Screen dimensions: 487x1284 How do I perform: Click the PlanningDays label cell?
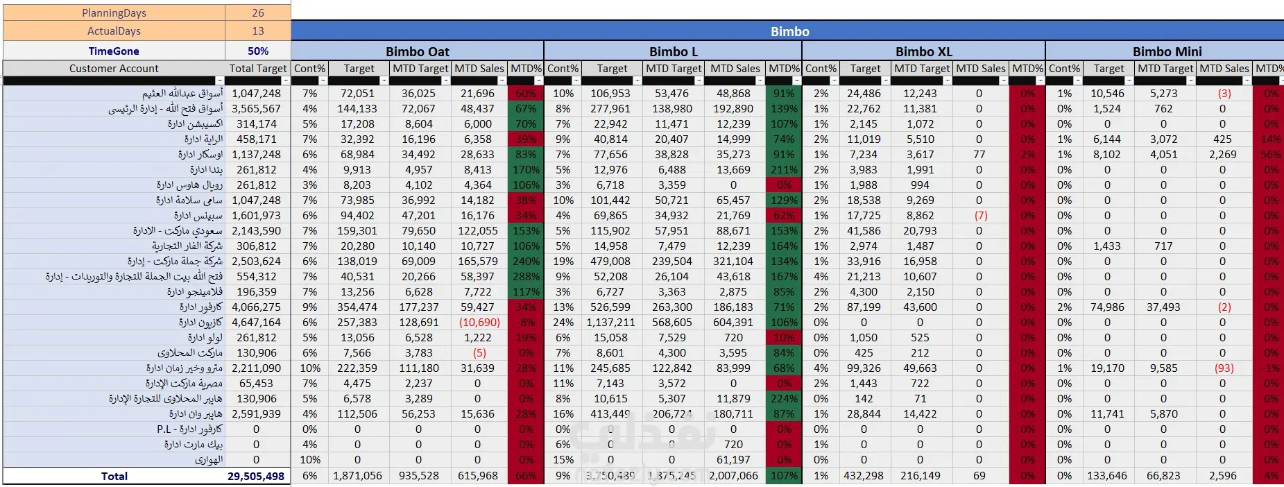pyautogui.click(x=114, y=13)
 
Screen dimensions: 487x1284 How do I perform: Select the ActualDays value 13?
pyautogui.click(x=258, y=31)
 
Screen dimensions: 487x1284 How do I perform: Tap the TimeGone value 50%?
pyautogui.click(x=258, y=51)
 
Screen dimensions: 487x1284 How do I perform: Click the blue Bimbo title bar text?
pyautogui.click(x=789, y=32)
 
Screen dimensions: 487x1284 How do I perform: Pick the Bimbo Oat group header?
pyautogui.click(x=417, y=52)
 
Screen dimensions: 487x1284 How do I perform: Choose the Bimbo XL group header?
pyautogui.click(x=923, y=52)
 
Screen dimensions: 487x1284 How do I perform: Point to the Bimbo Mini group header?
pyautogui.click(x=1167, y=52)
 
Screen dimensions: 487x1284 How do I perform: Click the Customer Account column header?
pyautogui.click(x=114, y=69)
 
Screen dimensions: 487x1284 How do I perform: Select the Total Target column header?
pyautogui.click(x=257, y=69)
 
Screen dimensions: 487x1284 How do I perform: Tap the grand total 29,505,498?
pyautogui.click(x=256, y=477)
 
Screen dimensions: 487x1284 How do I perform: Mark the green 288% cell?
pyautogui.click(x=526, y=277)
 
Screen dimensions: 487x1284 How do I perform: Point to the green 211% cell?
pyautogui.click(x=784, y=170)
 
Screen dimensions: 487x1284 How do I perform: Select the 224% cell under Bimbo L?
pyautogui.click(x=784, y=399)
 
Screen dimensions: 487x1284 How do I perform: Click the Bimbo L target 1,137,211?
pyautogui.click(x=610, y=323)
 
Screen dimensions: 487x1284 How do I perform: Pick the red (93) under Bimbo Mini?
pyautogui.click(x=1224, y=368)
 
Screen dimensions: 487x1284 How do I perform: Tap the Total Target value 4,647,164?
pyautogui.click(x=256, y=323)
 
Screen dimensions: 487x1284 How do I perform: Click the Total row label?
pyautogui.click(x=114, y=477)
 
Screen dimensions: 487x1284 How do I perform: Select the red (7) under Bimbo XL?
pyautogui.click(x=980, y=216)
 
